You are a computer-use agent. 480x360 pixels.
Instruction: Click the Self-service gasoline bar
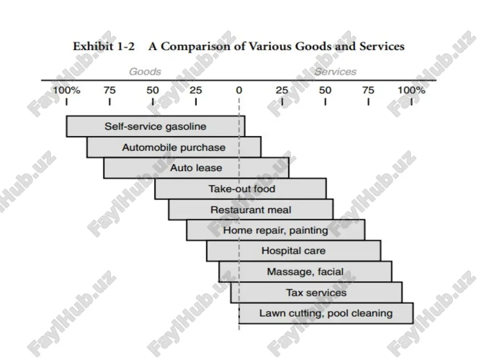pos(156,126)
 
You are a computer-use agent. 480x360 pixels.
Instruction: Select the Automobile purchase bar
pos(174,147)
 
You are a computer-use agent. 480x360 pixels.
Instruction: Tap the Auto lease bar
pos(196,168)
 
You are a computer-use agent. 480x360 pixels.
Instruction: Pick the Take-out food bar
pos(240,189)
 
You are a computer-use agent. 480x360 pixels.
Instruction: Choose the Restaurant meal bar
pos(251,210)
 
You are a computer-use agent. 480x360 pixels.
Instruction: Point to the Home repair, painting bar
pos(276,230)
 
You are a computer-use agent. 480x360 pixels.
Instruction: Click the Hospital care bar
pos(294,251)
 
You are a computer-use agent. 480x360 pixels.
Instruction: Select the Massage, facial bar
pos(305,272)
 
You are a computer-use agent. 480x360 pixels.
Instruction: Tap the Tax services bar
pos(316,292)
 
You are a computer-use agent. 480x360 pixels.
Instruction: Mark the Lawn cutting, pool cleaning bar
pos(326,313)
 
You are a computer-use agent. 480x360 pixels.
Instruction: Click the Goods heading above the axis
pos(145,72)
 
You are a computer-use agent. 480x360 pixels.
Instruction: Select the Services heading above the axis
pos(336,72)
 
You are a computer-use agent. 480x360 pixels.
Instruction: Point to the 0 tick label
pos(239,90)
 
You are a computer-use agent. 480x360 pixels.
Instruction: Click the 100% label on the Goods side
pos(66,90)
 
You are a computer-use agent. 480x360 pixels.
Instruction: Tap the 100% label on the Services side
pos(411,90)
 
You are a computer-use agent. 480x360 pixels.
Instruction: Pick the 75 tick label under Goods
pos(109,90)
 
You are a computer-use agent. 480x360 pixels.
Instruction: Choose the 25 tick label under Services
pos(282,90)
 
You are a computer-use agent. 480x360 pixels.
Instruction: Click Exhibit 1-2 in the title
pos(104,46)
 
